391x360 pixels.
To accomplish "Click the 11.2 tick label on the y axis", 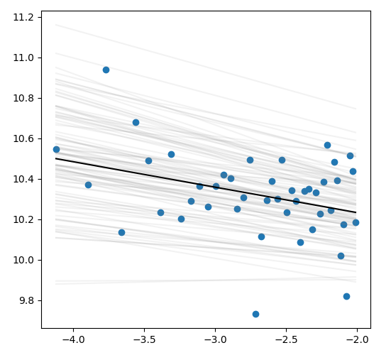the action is (23, 18).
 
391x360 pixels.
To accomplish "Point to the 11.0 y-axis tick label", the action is (23, 58).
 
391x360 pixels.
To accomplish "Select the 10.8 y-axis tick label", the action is (23, 98).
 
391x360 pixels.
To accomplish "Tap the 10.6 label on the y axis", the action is (23, 138).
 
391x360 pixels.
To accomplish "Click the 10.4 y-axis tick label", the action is (23, 179).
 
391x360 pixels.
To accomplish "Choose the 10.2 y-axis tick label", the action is (23, 220).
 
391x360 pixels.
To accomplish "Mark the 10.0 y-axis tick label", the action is (23, 260).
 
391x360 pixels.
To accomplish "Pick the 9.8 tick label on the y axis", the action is (26, 300).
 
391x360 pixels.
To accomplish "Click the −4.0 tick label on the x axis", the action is (73, 339).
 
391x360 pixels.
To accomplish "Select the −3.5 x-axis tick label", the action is (144, 339).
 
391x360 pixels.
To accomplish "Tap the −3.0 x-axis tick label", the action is (216, 339).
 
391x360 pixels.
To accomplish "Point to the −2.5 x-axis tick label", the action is (286, 339).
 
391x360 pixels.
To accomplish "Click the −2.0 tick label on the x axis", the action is (358, 339).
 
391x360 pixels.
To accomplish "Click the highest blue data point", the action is (106, 70).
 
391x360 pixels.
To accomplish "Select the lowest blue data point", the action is (255, 314).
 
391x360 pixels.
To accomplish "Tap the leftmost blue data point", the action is (56, 149).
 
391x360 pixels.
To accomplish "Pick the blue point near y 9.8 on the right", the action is (346, 296).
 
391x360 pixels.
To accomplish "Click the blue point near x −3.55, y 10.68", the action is (136, 123).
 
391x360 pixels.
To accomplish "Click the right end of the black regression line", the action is (356, 212).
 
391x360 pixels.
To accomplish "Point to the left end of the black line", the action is (55, 158).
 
